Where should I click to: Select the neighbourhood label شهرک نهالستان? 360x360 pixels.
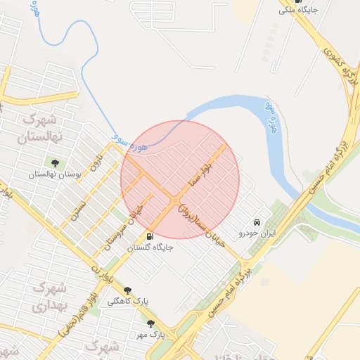pyautogui.click(x=43, y=127)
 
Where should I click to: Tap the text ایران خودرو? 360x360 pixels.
pyautogui.click(x=255, y=233)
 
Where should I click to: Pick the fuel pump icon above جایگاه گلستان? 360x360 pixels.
pyautogui.click(x=150, y=236)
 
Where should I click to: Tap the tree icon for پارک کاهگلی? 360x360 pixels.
pyautogui.click(x=127, y=290)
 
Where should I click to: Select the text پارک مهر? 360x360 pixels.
pyautogui.click(x=150, y=335)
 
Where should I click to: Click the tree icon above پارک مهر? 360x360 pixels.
pyautogui.click(x=150, y=324)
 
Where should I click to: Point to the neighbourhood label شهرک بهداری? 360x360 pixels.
pyautogui.click(x=49, y=297)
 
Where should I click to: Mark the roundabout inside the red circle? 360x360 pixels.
pyautogui.click(x=175, y=202)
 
